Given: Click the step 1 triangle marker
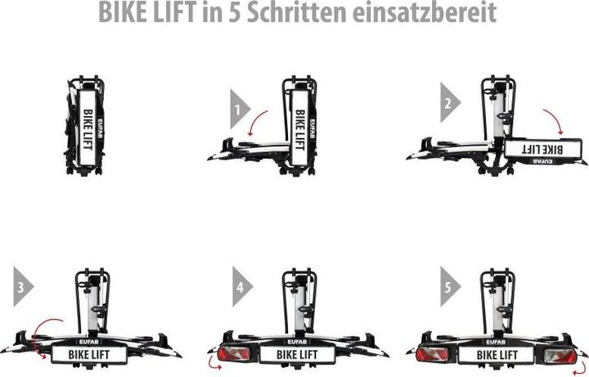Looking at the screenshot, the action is (238, 109).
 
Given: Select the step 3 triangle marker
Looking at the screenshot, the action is (21, 286).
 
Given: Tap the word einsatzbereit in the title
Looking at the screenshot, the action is (425, 12).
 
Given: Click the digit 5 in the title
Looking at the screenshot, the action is (235, 12).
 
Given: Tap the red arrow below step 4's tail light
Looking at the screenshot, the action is (214, 364).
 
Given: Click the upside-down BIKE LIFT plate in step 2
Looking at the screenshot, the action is (543, 148).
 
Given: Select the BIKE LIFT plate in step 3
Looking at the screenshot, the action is (89, 354).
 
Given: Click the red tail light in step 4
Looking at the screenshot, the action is (232, 354).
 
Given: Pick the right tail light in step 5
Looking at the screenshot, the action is (560, 355).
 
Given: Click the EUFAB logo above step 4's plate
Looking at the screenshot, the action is (297, 342).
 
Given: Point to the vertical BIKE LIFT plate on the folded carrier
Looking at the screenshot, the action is (88, 128).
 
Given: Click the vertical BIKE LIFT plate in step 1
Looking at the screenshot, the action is (299, 128).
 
